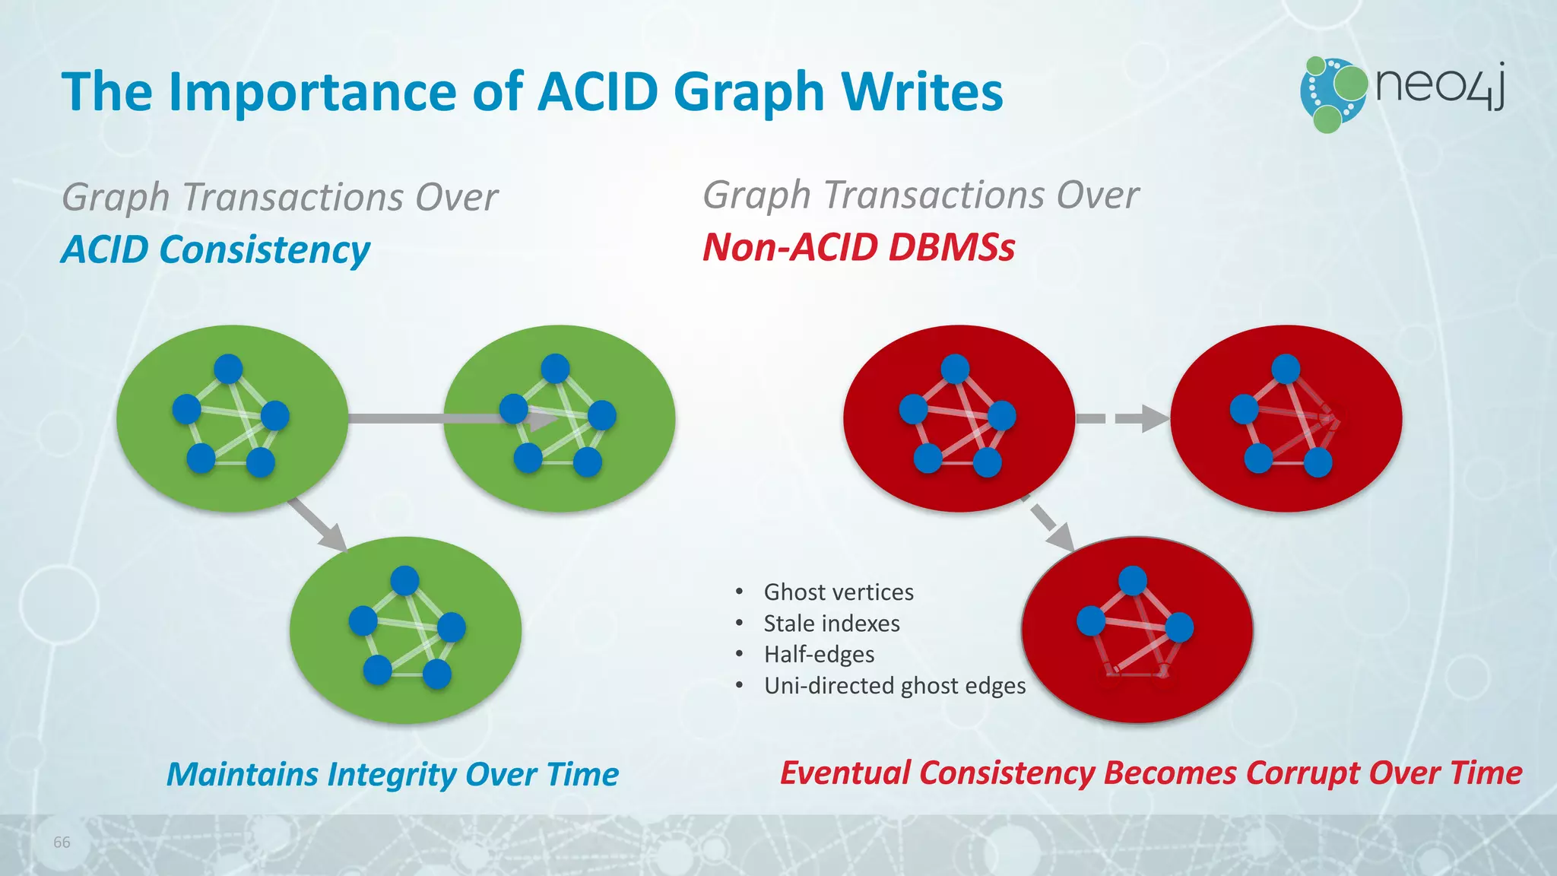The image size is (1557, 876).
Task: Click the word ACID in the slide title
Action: click(x=598, y=92)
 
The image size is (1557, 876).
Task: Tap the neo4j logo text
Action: click(x=1440, y=85)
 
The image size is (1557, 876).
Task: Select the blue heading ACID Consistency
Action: click(x=215, y=250)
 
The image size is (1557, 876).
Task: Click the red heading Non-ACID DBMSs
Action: click(x=858, y=248)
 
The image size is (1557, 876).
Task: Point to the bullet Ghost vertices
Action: click(x=839, y=592)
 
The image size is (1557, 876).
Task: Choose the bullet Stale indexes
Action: click(x=832, y=624)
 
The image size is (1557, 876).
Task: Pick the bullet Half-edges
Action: click(x=819, y=655)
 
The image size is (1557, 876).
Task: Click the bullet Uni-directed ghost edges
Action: click(x=895, y=686)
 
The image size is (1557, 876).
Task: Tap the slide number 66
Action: click(x=62, y=843)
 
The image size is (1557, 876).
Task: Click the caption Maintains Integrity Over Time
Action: click(x=392, y=775)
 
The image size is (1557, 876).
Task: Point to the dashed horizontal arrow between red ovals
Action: click(x=1122, y=418)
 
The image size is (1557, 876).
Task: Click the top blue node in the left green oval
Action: click(x=228, y=369)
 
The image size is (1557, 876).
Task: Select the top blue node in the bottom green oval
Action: click(x=404, y=581)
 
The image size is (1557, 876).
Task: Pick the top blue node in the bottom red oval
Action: click(x=1133, y=581)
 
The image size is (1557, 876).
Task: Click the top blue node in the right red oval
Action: click(x=1286, y=369)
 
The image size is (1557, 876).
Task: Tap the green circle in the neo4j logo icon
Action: click(x=1350, y=83)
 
